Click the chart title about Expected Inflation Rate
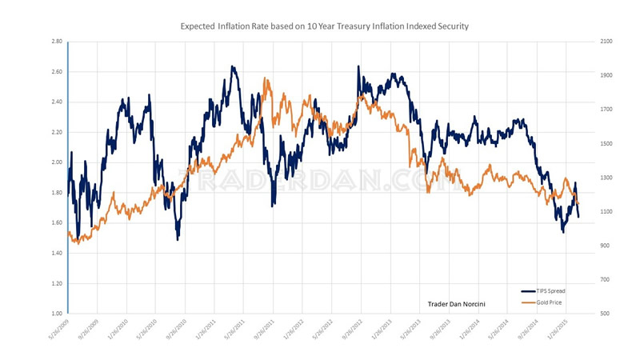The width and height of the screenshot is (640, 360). click(x=323, y=26)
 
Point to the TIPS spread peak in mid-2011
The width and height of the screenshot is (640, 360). click(x=232, y=67)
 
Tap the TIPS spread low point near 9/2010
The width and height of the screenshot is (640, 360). click(x=178, y=238)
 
